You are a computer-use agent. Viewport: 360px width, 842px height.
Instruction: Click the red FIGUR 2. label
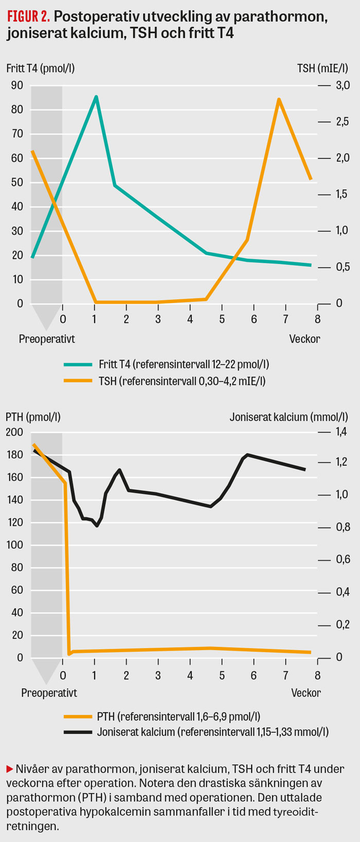coord(28,17)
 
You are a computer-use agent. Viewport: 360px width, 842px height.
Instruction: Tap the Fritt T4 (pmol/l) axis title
coord(41,68)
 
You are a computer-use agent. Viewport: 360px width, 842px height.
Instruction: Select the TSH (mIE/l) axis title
coord(323,68)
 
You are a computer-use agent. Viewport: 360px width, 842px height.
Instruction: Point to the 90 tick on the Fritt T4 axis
coord(17,85)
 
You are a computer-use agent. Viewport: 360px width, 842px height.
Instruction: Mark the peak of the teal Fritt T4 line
coord(96,97)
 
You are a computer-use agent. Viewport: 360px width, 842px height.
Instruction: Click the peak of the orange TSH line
coord(279,99)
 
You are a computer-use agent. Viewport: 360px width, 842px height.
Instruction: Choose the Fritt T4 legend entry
coord(184,365)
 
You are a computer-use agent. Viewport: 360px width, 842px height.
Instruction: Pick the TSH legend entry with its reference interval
coord(182,381)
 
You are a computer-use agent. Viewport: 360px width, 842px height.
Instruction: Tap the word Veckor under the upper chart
coord(304,339)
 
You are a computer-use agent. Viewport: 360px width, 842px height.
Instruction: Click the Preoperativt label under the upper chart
coord(47,339)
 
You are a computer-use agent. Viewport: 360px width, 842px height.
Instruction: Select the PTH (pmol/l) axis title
coord(33,417)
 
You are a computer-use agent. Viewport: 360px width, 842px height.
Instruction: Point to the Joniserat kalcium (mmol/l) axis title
coord(289,417)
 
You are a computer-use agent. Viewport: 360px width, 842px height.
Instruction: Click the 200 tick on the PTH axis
coord(14,432)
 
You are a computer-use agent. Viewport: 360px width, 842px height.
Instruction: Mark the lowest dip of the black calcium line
coord(97,526)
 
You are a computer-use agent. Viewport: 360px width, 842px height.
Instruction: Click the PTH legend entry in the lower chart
coord(178,716)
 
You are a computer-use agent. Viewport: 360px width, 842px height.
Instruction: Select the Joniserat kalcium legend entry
coord(212,732)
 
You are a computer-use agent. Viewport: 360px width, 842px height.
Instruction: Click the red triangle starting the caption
coord(9,769)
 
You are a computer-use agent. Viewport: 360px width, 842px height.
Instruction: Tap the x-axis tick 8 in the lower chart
coord(318,675)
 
